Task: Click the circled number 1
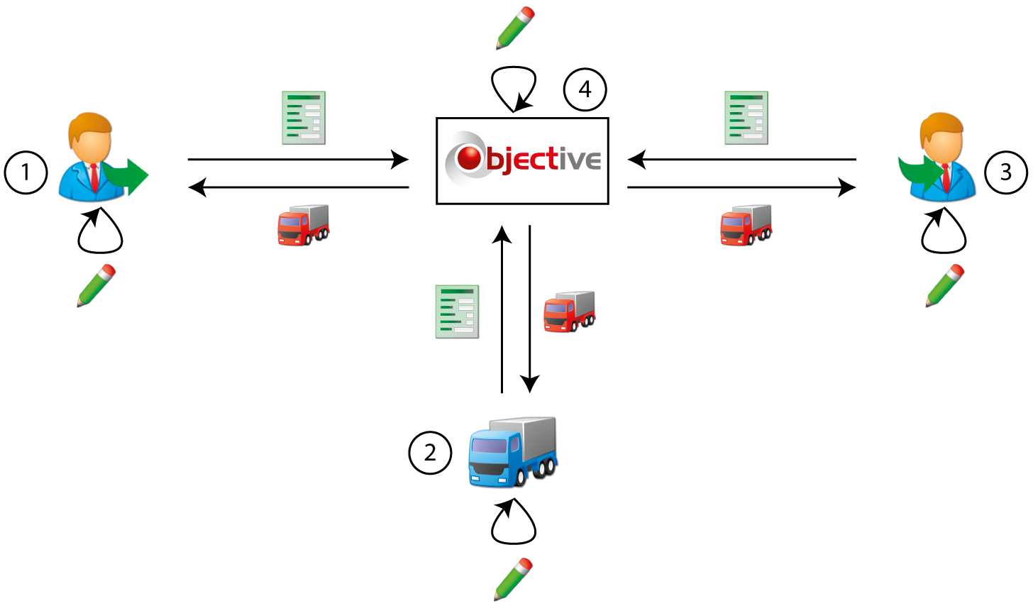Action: pyautogui.click(x=26, y=172)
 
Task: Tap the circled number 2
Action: pyautogui.click(x=430, y=452)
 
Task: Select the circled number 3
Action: pyautogui.click(x=1005, y=172)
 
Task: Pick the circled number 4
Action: pyautogui.click(x=585, y=89)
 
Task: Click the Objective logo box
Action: pyautogui.click(x=522, y=161)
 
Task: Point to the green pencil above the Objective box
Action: pyautogui.click(x=515, y=28)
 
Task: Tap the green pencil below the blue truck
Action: pyautogui.click(x=513, y=579)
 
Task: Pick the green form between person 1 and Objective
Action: pyautogui.click(x=304, y=118)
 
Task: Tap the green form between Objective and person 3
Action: pyautogui.click(x=746, y=118)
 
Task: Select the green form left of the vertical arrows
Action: pyautogui.click(x=457, y=312)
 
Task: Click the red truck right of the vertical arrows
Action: pyautogui.click(x=569, y=311)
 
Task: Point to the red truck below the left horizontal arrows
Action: pyautogui.click(x=303, y=225)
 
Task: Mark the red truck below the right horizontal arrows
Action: pyautogui.click(x=746, y=225)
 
